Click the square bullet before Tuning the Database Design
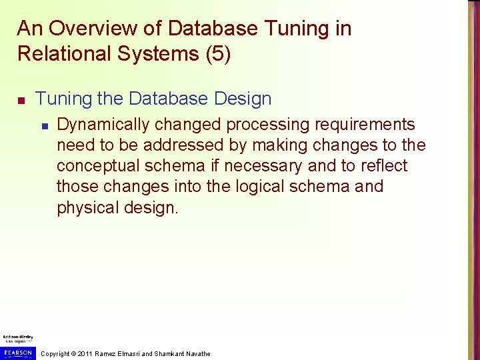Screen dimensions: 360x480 point(21,100)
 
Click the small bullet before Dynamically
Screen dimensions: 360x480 point(44,125)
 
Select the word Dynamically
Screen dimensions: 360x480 point(105,125)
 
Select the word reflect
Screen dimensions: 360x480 point(381,166)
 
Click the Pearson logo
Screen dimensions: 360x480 point(18,352)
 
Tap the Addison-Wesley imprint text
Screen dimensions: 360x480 point(18,338)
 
